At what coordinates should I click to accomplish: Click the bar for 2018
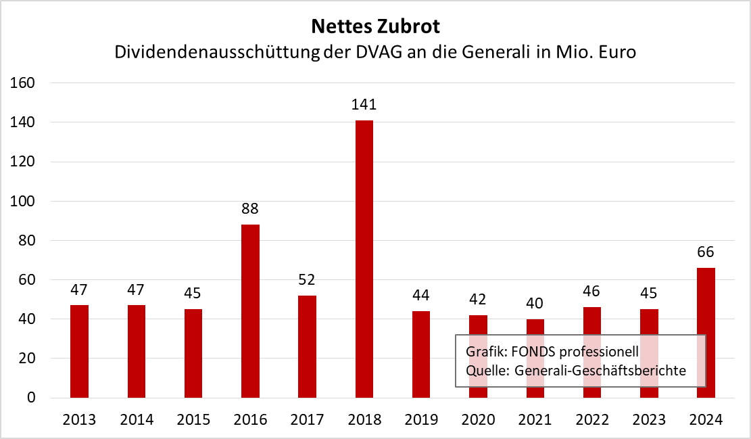(x=364, y=258)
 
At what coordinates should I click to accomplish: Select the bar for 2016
(x=250, y=311)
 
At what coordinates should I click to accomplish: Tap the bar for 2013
(x=79, y=351)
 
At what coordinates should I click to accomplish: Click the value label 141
(x=364, y=105)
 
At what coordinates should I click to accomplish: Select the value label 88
(x=250, y=209)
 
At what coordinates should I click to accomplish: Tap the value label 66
(x=706, y=252)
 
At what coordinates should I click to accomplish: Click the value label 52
(x=307, y=279)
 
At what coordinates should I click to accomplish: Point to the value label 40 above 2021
(x=535, y=303)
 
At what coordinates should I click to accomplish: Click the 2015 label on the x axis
(x=193, y=419)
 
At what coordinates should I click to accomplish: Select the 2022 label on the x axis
(x=592, y=419)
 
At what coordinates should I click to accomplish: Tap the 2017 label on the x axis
(x=307, y=419)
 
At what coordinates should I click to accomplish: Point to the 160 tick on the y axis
(x=24, y=83)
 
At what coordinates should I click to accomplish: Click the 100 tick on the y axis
(x=24, y=202)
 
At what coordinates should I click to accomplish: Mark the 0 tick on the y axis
(x=32, y=398)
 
